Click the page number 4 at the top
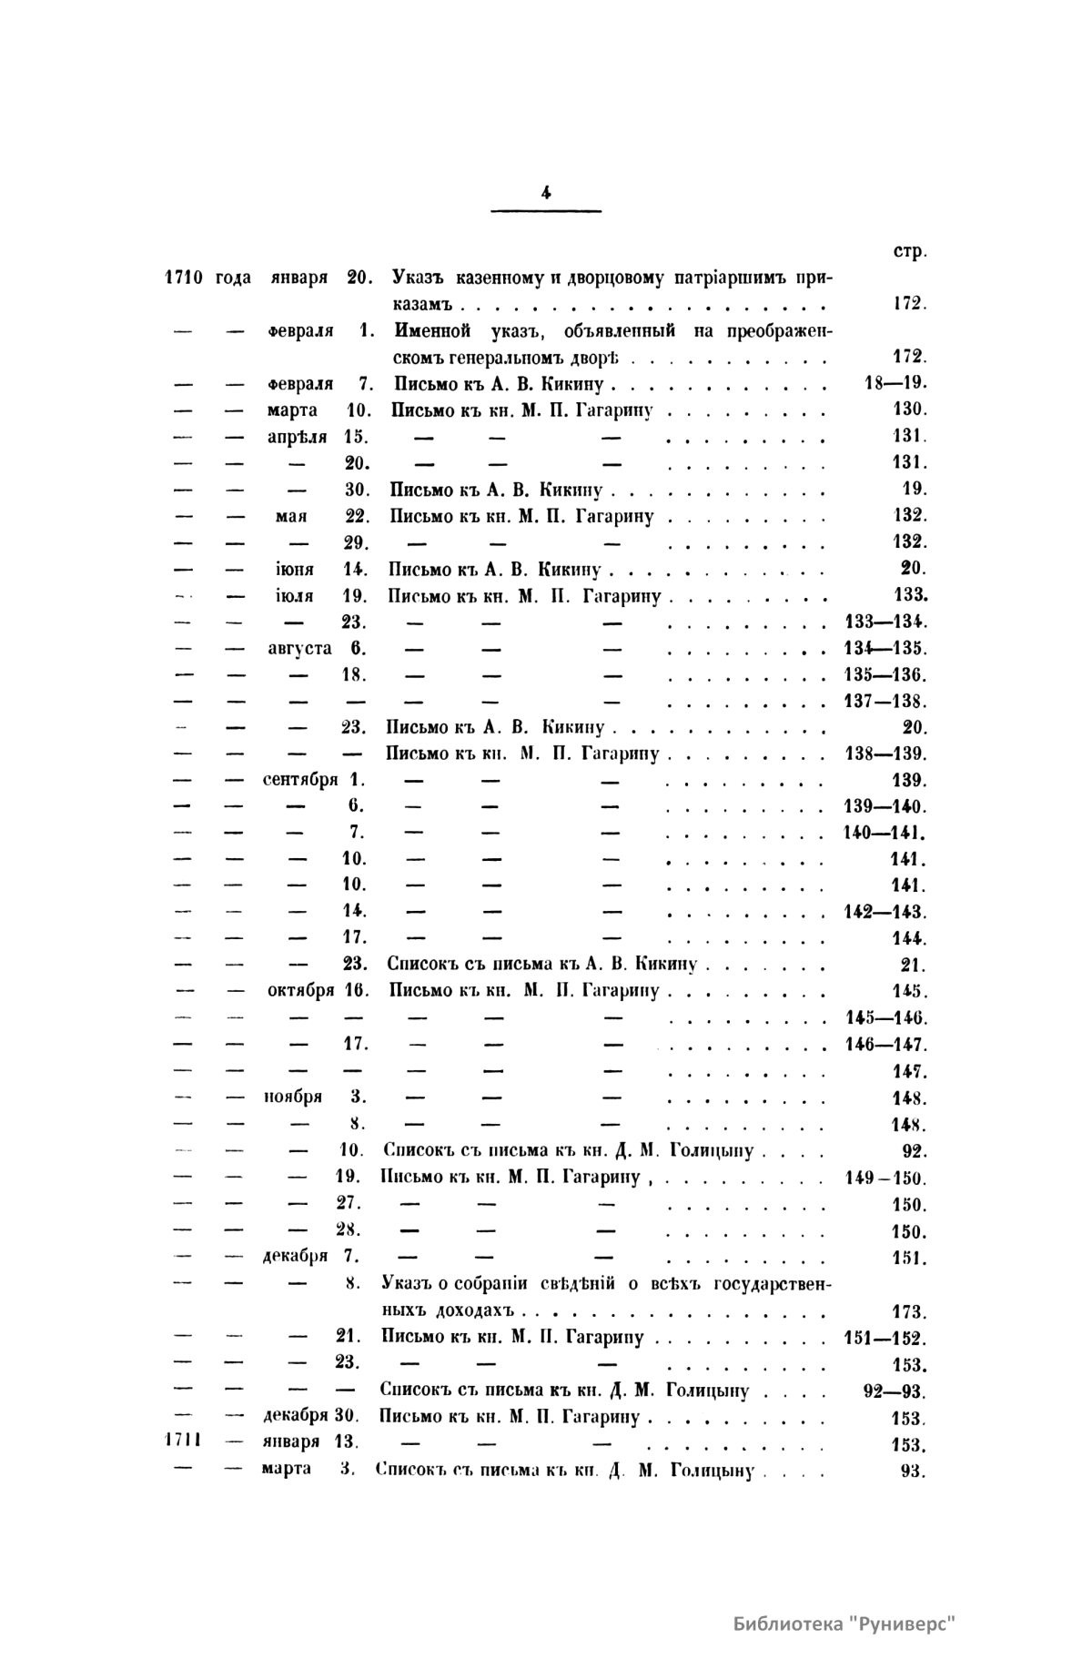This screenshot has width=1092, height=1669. [546, 192]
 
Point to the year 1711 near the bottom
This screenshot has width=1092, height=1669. [182, 1441]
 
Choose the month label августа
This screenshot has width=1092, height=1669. [299, 649]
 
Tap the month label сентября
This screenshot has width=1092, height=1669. [300, 780]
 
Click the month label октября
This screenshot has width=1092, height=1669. [300, 990]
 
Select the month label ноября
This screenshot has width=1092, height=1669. [293, 1097]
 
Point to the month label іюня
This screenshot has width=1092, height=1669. [294, 570]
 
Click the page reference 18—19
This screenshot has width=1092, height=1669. [894, 383]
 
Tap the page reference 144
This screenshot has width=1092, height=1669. [909, 938]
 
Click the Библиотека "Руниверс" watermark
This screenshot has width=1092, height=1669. [845, 1623]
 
